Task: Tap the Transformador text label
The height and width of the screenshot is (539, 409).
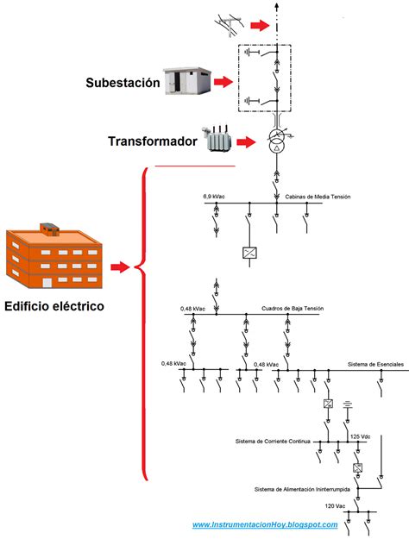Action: tap(154, 141)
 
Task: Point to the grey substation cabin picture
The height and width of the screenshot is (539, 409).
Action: tap(187, 81)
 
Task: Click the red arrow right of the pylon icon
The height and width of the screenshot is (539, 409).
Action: tap(260, 25)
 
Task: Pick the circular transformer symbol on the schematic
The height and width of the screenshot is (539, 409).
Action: tap(277, 142)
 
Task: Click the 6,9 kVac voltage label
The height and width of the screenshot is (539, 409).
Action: tap(216, 196)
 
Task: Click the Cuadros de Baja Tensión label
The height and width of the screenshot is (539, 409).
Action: tap(293, 308)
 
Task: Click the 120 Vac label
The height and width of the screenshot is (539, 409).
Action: tap(335, 505)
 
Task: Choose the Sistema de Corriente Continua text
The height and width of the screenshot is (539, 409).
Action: tap(272, 442)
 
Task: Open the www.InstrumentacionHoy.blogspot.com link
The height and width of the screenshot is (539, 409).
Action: tap(264, 524)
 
